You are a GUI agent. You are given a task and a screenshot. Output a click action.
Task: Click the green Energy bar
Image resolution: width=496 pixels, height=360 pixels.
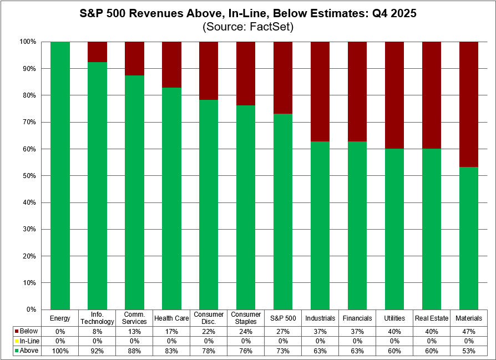coord(60,175)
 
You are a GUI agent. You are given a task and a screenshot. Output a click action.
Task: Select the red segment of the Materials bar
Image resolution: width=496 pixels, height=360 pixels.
coord(469,104)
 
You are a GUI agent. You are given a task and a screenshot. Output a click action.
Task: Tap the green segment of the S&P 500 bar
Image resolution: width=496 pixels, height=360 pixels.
coord(283,211)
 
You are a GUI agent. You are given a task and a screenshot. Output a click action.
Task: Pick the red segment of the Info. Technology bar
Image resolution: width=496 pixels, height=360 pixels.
coord(97,52)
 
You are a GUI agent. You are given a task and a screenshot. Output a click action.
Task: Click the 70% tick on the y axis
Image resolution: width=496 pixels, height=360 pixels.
coord(28,122)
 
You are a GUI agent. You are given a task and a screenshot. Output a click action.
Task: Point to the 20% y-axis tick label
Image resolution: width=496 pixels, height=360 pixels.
coord(28,256)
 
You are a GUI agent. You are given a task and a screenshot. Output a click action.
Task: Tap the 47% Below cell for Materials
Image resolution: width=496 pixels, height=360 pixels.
coord(469,331)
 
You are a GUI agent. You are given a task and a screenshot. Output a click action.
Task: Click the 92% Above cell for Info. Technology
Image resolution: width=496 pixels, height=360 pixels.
coord(97,351)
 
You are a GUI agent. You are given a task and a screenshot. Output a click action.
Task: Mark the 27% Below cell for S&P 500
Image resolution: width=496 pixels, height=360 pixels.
coord(283,331)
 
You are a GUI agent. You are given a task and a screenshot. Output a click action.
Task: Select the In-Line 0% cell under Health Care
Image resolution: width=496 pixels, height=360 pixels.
coord(171,341)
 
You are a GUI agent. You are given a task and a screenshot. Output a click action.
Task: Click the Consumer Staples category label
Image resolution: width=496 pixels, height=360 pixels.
coord(246,318)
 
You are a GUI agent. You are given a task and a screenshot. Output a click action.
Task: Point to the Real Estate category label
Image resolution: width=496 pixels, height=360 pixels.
coord(432,318)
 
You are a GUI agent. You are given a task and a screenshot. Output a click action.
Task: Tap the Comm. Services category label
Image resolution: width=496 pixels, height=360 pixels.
coord(134,318)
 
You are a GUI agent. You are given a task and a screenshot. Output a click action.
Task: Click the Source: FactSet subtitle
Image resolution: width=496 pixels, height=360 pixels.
coord(247,26)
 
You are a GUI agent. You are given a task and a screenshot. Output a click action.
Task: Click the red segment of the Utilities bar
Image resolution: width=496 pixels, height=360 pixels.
coord(394,95)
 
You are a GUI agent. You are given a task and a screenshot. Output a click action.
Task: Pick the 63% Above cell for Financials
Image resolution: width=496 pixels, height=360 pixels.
coord(357,351)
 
